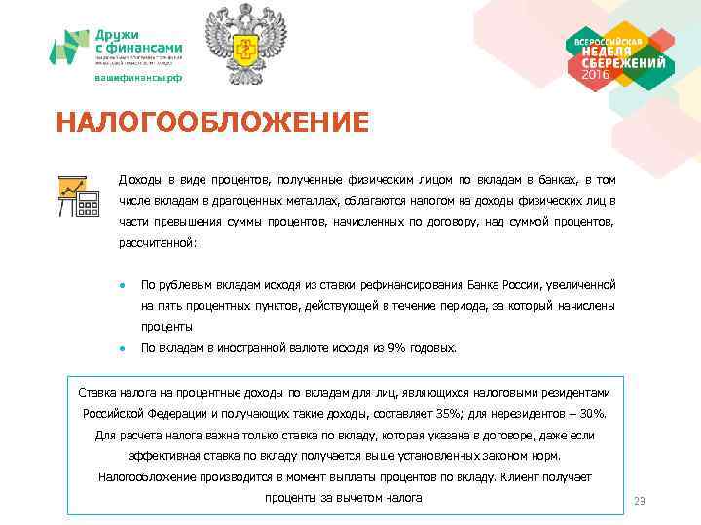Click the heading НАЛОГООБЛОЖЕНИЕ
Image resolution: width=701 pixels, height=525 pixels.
pos(212,123)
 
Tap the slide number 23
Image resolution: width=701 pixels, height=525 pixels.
pos(640,501)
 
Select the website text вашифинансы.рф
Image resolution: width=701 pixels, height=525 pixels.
pos(138,78)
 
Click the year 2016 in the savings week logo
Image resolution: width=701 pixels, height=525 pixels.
pos(597,76)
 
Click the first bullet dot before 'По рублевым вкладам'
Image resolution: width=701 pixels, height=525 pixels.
pos(121,286)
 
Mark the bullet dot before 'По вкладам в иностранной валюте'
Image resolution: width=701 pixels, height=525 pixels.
pos(121,348)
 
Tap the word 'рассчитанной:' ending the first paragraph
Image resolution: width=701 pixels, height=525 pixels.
pos(158,243)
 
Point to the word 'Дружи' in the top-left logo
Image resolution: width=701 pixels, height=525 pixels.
pos(116,33)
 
